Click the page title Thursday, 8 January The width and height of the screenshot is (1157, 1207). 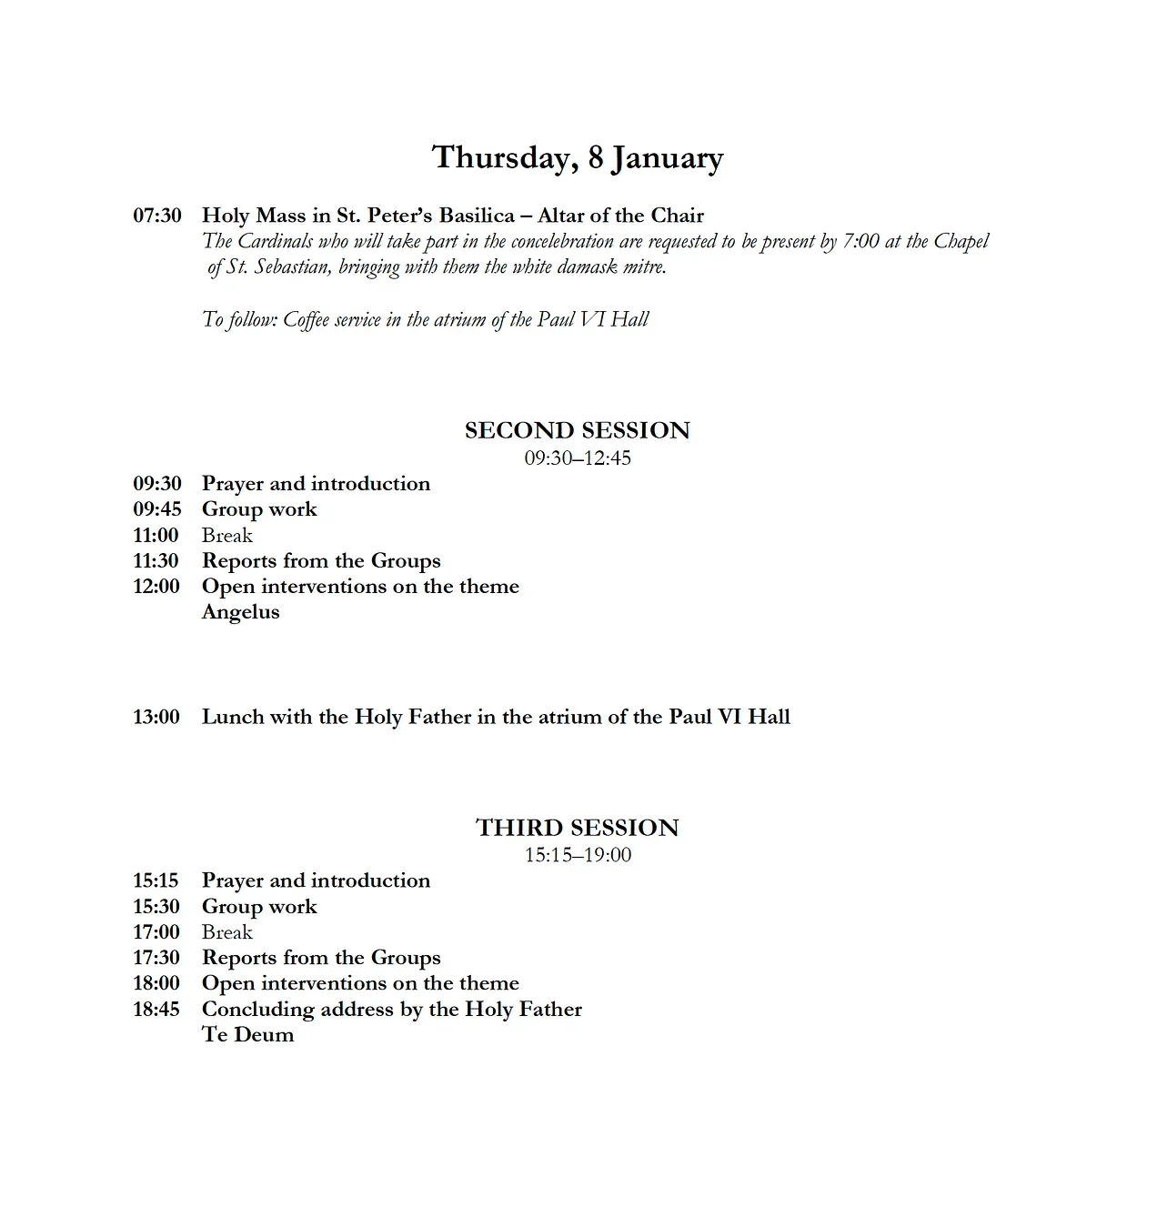(x=578, y=157)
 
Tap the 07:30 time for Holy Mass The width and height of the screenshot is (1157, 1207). (x=156, y=216)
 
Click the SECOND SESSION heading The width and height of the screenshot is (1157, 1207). (x=578, y=430)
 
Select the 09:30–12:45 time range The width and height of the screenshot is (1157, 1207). (x=578, y=458)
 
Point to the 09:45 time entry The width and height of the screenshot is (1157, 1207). (x=156, y=509)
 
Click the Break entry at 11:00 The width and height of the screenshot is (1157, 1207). (x=227, y=535)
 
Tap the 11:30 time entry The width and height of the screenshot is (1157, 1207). (x=156, y=560)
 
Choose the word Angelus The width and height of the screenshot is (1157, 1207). (x=240, y=612)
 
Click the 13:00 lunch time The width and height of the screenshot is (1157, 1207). (x=156, y=717)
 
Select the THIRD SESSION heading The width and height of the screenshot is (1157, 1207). (x=578, y=828)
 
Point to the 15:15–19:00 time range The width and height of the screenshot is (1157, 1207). (x=578, y=855)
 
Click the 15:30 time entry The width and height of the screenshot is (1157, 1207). (x=156, y=907)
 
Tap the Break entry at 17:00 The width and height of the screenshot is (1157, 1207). (x=227, y=932)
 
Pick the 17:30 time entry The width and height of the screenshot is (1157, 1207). (x=156, y=958)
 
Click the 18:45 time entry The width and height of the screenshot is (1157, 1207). (x=156, y=1010)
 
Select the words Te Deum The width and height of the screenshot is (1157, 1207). (x=247, y=1035)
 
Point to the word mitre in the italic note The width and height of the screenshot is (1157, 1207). (x=644, y=267)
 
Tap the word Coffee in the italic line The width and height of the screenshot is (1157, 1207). (x=306, y=320)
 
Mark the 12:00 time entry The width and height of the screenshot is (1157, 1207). (x=156, y=587)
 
